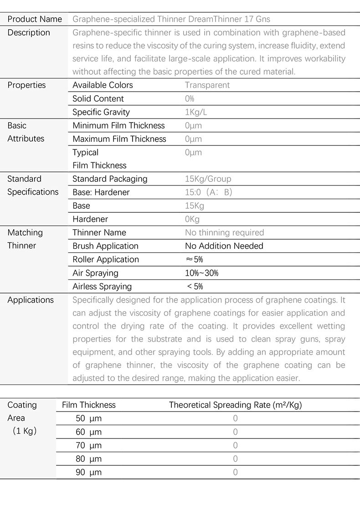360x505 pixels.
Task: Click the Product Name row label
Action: pos(35,19)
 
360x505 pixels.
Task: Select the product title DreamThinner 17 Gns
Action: pos(171,19)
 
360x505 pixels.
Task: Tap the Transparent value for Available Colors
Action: pos(207,85)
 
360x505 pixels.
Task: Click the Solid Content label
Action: pos(98,98)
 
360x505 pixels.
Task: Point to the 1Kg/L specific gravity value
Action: pos(196,112)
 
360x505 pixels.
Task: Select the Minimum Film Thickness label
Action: pos(118,125)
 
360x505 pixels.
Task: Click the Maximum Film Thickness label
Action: pos(119,139)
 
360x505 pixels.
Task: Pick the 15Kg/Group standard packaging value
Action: pos(208,179)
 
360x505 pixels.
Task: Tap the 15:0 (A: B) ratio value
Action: pos(209,192)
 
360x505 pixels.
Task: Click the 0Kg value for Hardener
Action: pos(192,219)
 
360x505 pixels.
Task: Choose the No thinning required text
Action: pos(224,232)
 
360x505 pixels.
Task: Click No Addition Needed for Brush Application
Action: pos(224,246)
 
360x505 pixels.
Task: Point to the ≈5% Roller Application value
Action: pos(194,259)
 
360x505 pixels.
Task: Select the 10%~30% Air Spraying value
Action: pos(201,273)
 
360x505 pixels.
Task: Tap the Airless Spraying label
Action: pos(102,287)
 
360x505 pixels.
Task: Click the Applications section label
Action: pos(31,300)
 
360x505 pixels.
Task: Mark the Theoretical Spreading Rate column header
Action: pos(235,405)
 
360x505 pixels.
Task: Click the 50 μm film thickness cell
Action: pos(88,418)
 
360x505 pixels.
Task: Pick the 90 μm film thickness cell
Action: pos(88,472)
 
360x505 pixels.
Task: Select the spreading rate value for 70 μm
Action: pos(235,445)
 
